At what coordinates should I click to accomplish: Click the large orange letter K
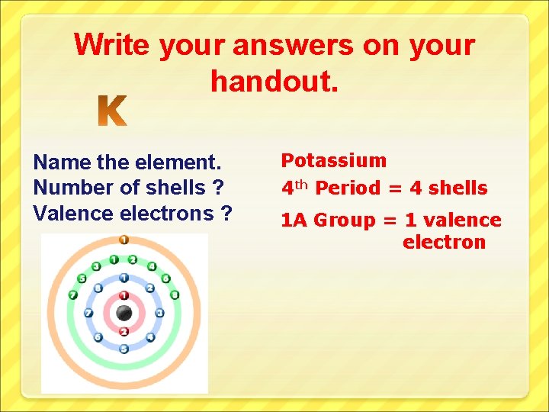pyautogui.click(x=113, y=112)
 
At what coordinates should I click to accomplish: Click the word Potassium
pyautogui.click(x=334, y=160)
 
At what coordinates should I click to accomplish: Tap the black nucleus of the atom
pyautogui.click(x=124, y=313)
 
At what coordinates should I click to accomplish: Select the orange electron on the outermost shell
pyautogui.click(x=124, y=240)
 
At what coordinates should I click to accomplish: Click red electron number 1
pyautogui.click(x=124, y=295)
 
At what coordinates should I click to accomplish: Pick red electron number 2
pyautogui.click(x=124, y=331)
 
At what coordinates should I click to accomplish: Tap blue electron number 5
pyautogui.click(x=124, y=349)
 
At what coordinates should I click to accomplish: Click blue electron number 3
pyautogui.click(x=159, y=313)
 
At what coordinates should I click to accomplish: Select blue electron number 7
pyautogui.click(x=88, y=313)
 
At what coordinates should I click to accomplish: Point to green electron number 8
pyautogui.click(x=174, y=295)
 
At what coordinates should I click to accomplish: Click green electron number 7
pyautogui.click(x=73, y=295)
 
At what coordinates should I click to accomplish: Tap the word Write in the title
pyautogui.click(x=112, y=45)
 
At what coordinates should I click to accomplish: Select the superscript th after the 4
pyautogui.click(x=302, y=184)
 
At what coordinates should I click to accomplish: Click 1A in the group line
pyautogui.click(x=295, y=220)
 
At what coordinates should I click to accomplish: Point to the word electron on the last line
pyautogui.click(x=444, y=243)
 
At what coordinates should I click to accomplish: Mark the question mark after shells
pyautogui.click(x=217, y=188)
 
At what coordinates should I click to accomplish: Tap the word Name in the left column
pyautogui.click(x=62, y=163)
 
